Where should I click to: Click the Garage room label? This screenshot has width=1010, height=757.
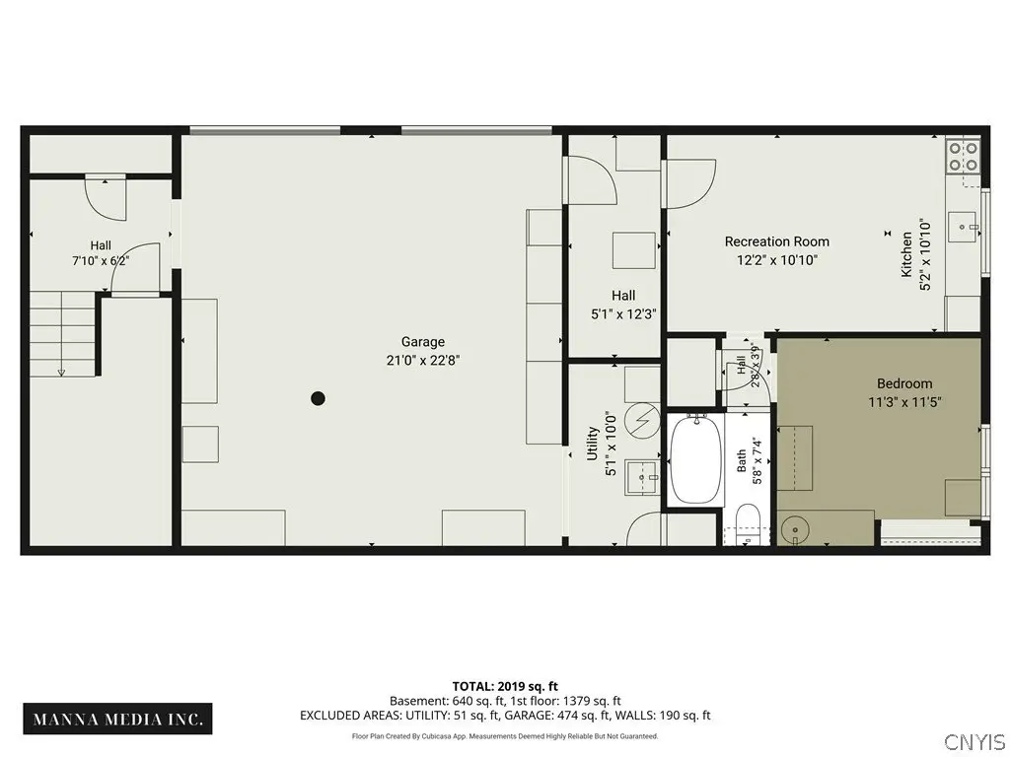tap(422, 342)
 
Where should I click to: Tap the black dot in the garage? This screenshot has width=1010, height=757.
tap(318, 398)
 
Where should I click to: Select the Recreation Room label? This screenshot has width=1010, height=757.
tap(777, 241)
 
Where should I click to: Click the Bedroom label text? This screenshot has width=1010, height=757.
tap(904, 383)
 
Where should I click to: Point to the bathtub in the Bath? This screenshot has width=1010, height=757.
tap(695, 459)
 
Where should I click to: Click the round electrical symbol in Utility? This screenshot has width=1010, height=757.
tap(642, 421)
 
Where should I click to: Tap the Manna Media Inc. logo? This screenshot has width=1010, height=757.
tap(118, 719)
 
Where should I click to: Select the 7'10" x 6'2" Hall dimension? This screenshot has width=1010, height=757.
tap(101, 260)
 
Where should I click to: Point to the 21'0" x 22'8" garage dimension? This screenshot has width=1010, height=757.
tap(422, 360)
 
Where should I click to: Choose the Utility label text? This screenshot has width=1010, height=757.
tap(592, 444)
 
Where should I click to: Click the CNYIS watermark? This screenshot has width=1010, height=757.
tap(975, 740)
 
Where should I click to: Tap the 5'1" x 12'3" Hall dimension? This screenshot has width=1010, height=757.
tap(623, 314)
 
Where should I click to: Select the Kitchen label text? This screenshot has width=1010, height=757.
tap(906, 255)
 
